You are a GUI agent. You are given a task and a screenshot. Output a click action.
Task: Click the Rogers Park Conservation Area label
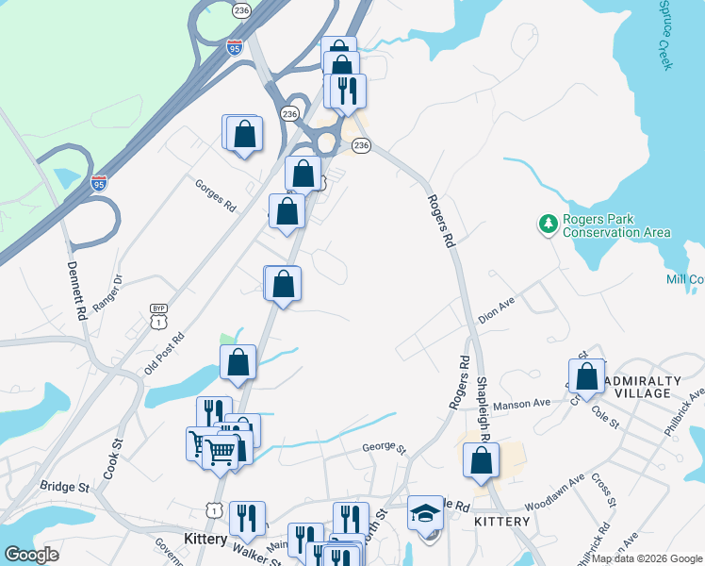click(x=616, y=225)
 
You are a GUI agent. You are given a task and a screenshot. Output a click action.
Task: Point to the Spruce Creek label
click(x=664, y=35)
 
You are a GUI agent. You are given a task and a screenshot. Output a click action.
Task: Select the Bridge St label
click(x=64, y=487)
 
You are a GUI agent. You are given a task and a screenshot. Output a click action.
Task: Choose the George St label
click(x=384, y=449)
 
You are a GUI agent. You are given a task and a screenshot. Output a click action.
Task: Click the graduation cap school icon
click(x=425, y=514)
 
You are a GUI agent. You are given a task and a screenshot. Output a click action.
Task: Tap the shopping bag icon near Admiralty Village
click(x=586, y=375)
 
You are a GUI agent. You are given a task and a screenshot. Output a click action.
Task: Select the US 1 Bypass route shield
click(x=158, y=314)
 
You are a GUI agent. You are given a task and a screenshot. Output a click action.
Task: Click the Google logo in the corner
click(x=31, y=555)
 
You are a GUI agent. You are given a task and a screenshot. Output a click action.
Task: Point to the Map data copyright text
click(x=647, y=558)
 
